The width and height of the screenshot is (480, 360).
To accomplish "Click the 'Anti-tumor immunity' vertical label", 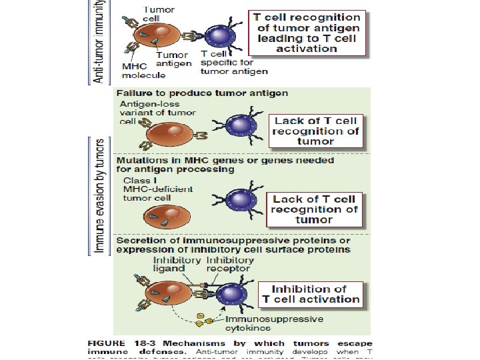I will [98, 42].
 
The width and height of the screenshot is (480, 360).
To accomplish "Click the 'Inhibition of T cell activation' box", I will [311, 294].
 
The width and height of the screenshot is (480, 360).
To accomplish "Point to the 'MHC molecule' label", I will [138, 71].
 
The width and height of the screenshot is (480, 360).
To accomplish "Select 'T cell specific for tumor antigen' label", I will [234, 63].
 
